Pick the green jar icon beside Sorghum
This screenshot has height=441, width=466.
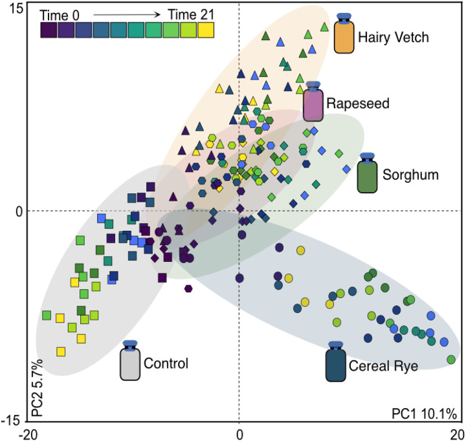tap(367, 174)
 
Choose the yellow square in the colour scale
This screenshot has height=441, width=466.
tap(206, 30)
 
